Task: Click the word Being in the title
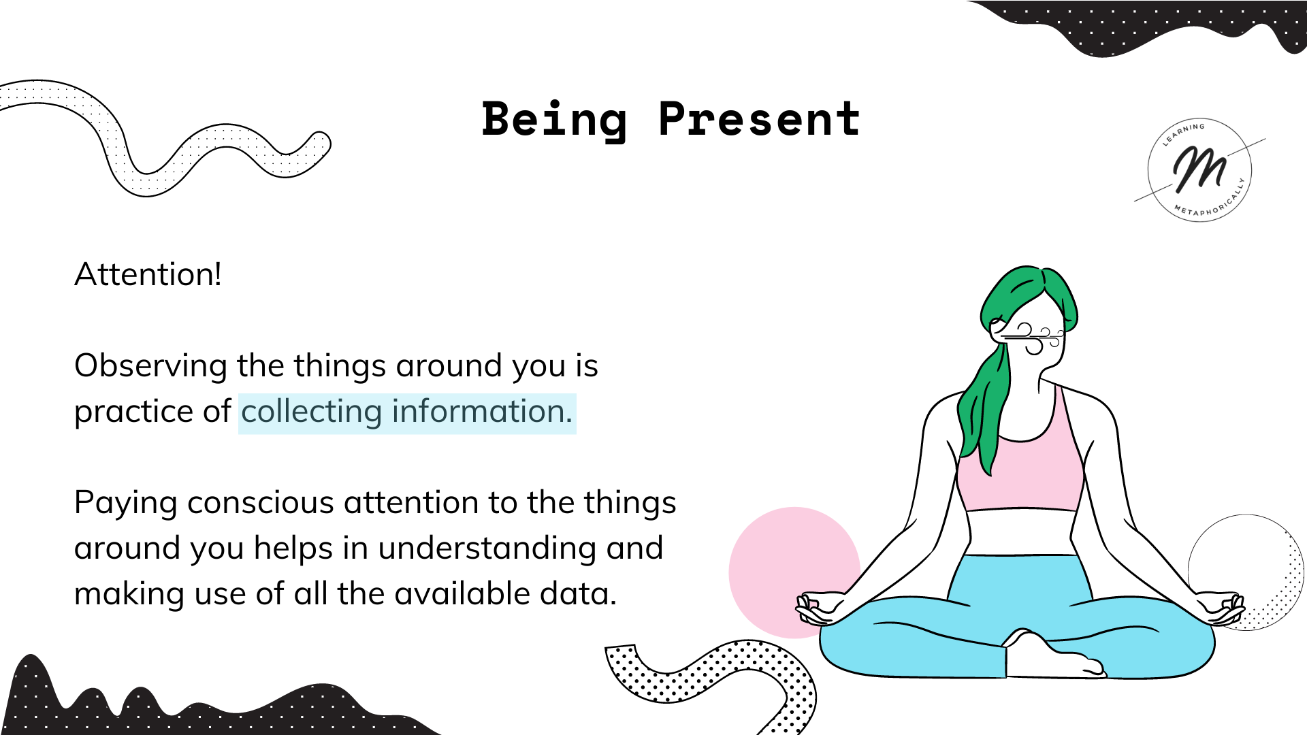click(554, 120)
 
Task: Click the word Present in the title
click(760, 119)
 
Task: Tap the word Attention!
click(148, 274)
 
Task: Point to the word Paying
click(126, 504)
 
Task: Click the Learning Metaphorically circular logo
click(1199, 170)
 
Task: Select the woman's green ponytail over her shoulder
click(984, 408)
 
